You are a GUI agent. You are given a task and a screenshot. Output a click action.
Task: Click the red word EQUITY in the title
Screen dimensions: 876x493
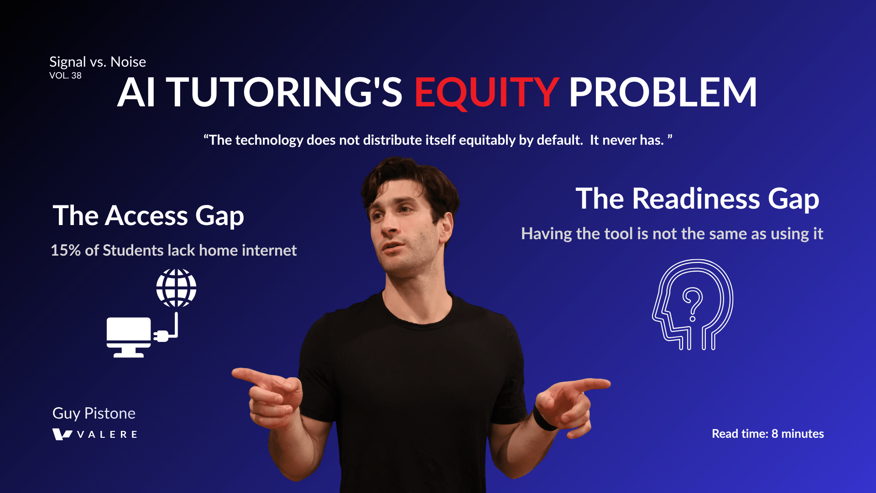pyautogui.click(x=486, y=93)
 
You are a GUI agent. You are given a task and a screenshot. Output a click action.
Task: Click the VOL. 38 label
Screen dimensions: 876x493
pyautogui.click(x=65, y=76)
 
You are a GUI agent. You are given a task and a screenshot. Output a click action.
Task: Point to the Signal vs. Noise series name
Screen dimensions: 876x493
pyautogui.click(x=98, y=62)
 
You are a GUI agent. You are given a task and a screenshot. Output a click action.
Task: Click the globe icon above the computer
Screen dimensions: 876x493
pyautogui.click(x=176, y=288)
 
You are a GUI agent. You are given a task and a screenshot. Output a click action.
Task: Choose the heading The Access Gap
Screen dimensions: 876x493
pyautogui.click(x=148, y=215)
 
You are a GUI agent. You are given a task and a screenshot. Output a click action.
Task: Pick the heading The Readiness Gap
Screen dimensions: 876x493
pyautogui.click(x=697, y=199)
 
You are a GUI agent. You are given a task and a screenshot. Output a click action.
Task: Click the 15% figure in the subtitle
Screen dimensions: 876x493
pyautogui.click(x=66, y=250)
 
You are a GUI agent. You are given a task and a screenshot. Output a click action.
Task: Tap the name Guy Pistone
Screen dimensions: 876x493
pyautogui.click(x=94, y=413)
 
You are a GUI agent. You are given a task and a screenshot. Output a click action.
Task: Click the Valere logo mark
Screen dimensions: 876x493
pyautogui.click(x=62, y=434)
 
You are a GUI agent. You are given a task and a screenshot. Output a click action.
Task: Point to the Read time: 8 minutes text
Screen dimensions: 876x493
pyautogui.click(x=768, y=434)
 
